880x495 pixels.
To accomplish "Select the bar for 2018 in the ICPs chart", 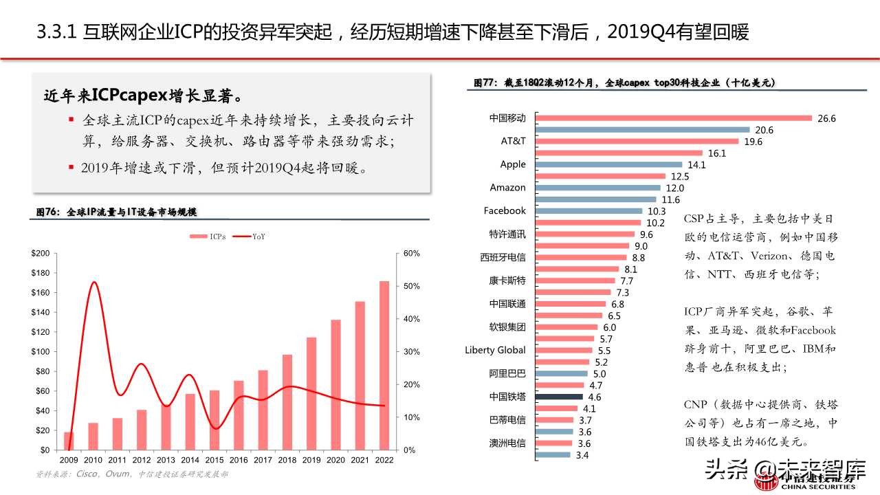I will point(287,402).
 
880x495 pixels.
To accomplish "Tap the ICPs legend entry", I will point(207,236).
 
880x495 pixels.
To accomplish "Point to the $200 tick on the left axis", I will point(41,254).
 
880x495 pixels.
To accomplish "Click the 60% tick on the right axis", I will point(411,254).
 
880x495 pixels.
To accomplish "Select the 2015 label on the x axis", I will point(215,459).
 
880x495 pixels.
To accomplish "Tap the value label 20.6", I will point(764,130).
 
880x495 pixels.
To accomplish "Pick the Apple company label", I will point(512,164).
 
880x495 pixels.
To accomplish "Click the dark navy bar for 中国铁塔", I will point(558,397).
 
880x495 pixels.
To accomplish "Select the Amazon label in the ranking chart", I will point(507,188).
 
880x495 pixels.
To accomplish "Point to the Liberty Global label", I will point(495,350).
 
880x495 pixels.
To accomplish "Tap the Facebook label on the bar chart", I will point(504,210).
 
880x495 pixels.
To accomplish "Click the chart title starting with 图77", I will point(625,82).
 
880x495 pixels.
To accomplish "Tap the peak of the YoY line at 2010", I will point(93,282).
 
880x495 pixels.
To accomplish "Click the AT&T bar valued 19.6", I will point(636,142).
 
